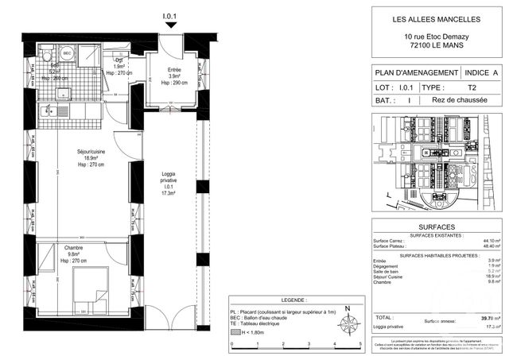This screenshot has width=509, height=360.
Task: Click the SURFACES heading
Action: point(436,226)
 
